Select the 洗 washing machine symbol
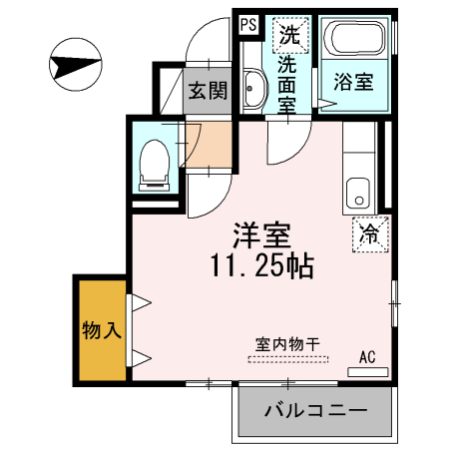click(289, 35)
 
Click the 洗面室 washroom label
click(288, 84)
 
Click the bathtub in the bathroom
click(356, 41)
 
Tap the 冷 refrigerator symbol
click(368, 235)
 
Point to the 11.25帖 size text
click(261, 266)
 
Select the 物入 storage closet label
click(102, 329)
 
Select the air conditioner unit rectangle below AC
click(366, 370)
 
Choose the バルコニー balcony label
click(315, 411)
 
